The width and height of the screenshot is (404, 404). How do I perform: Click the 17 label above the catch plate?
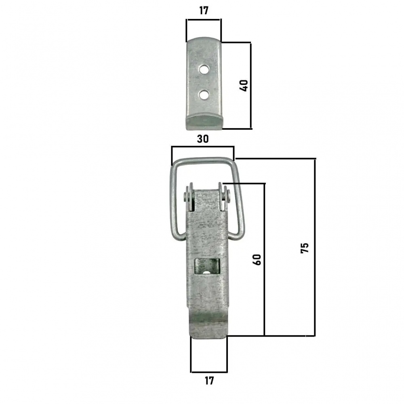tap(204, 11)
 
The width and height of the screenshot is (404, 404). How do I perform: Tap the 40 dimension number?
tap(244, 86)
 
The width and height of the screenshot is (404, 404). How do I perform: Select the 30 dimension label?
tap(203, 139)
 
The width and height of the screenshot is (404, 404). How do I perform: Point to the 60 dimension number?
tap(257, 259)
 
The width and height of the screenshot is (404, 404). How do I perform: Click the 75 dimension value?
tap(305, 248)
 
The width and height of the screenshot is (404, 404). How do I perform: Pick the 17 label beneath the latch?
tap(209, 381)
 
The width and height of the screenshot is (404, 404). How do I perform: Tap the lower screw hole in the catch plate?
tap(204, 95)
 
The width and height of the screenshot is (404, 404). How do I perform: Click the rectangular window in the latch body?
tap(206, 267)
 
